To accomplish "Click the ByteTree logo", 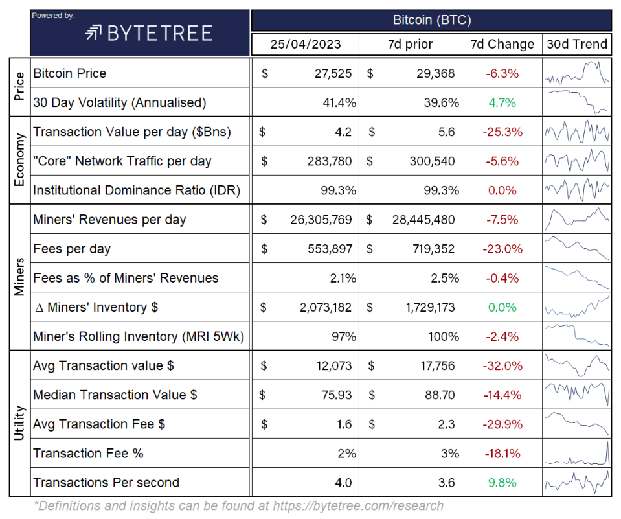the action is point(148,33).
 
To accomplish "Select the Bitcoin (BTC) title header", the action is point(432,20).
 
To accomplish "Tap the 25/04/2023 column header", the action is point(306,44).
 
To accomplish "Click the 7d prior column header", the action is point(410,44).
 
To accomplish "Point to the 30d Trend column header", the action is point(576,44).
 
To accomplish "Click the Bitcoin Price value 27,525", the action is point(333,73).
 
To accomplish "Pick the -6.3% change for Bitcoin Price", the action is point(502,73).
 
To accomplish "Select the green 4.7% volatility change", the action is point(502,102).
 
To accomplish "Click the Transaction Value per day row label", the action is point(132,132).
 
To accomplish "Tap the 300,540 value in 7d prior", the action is point(432,161).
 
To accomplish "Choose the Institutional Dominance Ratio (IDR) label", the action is point(137,190).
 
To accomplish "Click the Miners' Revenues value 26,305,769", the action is point(321,220).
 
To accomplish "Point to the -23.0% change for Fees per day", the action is point(502,249).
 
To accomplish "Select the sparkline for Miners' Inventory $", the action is point(577,307).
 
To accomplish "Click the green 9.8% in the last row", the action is point(502,483).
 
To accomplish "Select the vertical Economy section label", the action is point(19,160).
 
